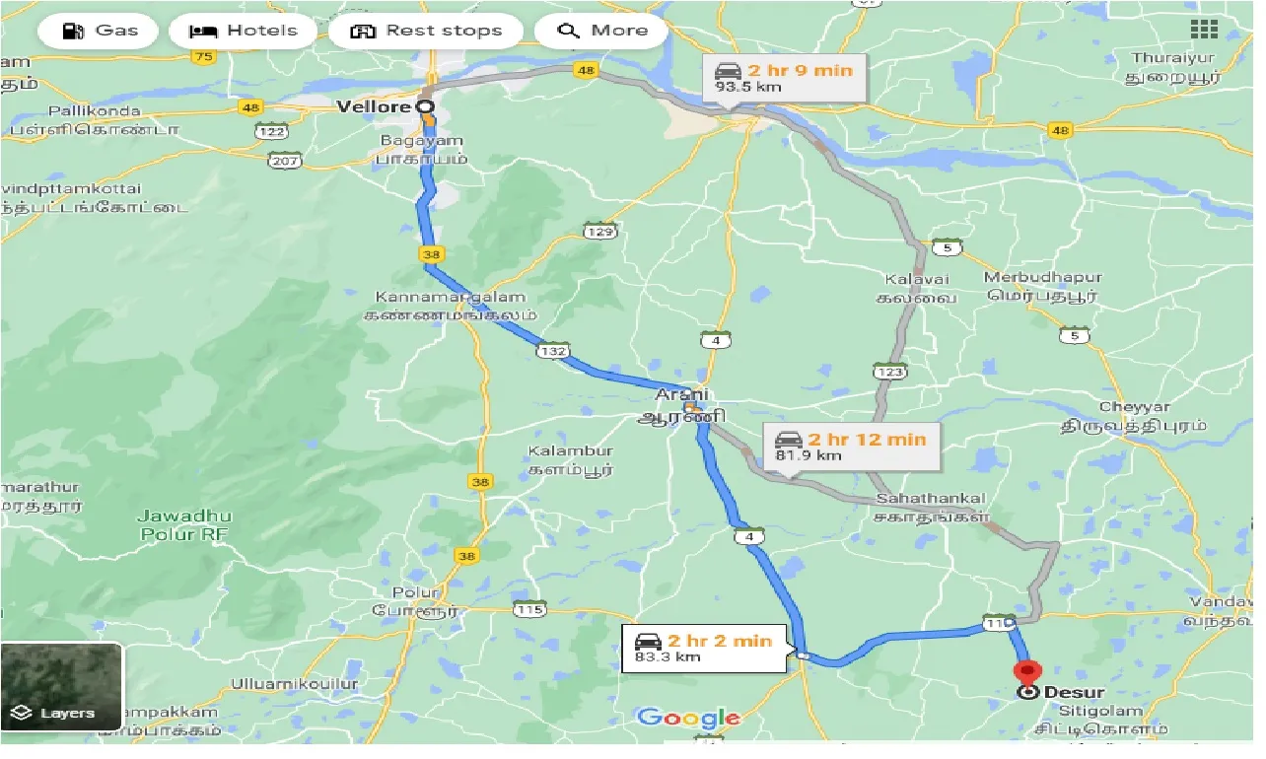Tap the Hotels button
click(x=242, y=31)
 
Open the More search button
click(x=600, y=31)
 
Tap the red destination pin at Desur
click(x=1027, y=674)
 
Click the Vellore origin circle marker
click(x=425, y=105)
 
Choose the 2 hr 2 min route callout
click(x=703, y=648)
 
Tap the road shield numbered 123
click(x=889, y=371)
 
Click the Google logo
click(x=688, y=718)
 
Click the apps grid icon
click(x=1203, y=30)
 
